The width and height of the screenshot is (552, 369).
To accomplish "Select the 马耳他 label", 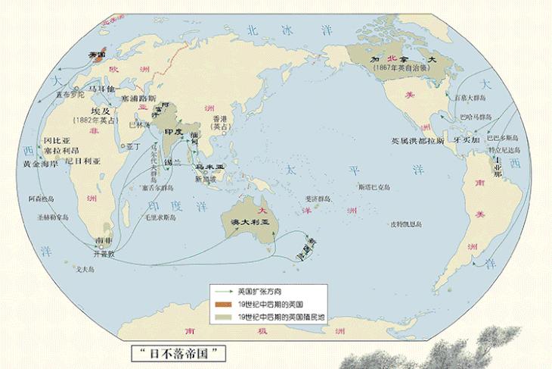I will (103, 89).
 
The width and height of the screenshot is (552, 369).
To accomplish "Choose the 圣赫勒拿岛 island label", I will (54, 217).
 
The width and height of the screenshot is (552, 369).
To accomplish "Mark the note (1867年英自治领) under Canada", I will (400, 67).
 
